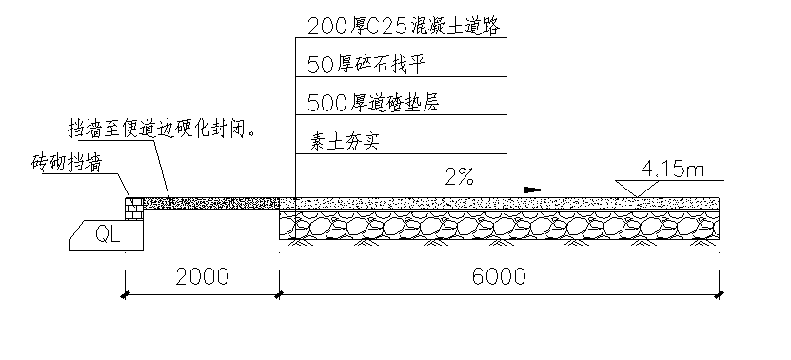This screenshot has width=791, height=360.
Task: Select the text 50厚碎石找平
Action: [x=367, y=65]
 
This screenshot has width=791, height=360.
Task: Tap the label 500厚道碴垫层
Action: [x=373, y=103]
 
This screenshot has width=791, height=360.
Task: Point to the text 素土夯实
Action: [x=344, y=143]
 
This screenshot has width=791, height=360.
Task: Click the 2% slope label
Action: [x=459, y=176]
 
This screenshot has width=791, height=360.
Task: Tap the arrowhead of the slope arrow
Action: [x=534, y=190]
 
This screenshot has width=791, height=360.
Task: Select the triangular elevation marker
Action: [x=638, y=189]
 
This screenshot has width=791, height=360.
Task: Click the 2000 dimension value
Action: [x=202, y=277]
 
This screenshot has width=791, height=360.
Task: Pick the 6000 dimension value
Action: [x=499, y=277]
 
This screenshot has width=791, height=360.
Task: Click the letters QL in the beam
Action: [x=108, y=235]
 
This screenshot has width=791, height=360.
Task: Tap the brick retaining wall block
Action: [x=134, y=209]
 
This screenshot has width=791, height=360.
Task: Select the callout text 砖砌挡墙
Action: [x=66, y=164]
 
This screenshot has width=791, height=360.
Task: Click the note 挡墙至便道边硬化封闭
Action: [x=161, y=130]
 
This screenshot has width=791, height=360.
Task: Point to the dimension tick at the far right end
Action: [x=720, y=295]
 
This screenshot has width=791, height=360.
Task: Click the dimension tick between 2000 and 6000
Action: [x=279, y=295]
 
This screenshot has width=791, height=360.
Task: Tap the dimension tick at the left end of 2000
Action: [x=125, y=295]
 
